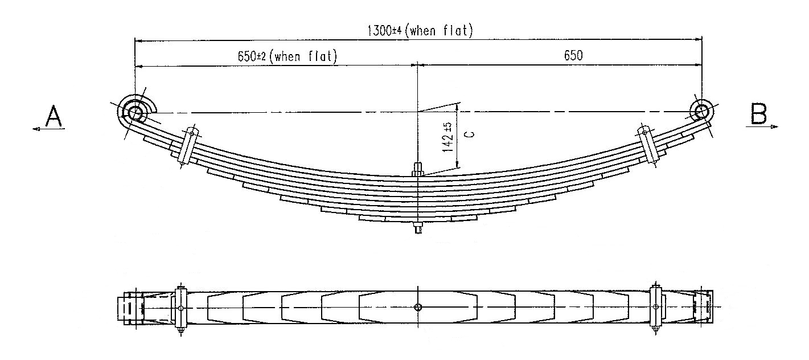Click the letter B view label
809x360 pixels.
758,113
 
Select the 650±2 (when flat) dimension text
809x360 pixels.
287,56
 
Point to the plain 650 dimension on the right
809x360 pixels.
573,55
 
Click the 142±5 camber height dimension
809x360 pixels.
447,137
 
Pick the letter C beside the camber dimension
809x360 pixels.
470,134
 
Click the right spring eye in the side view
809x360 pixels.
702,111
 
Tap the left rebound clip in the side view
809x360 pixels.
188,146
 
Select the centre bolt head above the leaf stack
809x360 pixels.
418,170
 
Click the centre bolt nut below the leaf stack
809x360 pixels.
418,228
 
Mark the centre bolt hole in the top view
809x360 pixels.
418,307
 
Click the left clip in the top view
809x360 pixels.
181,308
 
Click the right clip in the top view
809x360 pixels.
655,308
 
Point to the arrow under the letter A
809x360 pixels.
48,129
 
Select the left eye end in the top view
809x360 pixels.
131,308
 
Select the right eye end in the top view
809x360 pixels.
703,307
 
